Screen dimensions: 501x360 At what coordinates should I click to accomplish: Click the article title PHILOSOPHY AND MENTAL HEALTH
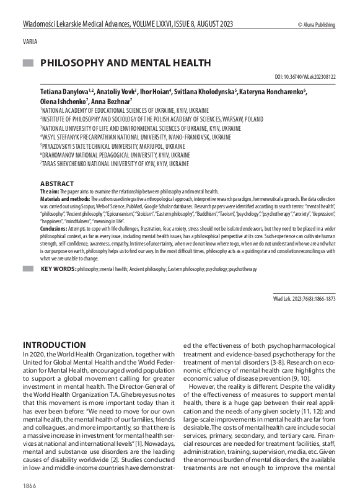(126, 63)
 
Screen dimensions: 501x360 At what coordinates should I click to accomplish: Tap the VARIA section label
(29, 42)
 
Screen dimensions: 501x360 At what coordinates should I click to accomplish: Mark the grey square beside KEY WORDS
(28, 269)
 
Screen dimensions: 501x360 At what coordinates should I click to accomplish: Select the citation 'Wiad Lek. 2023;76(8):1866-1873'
(304, 299)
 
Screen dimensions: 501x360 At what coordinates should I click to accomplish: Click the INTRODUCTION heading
(55, 345)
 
